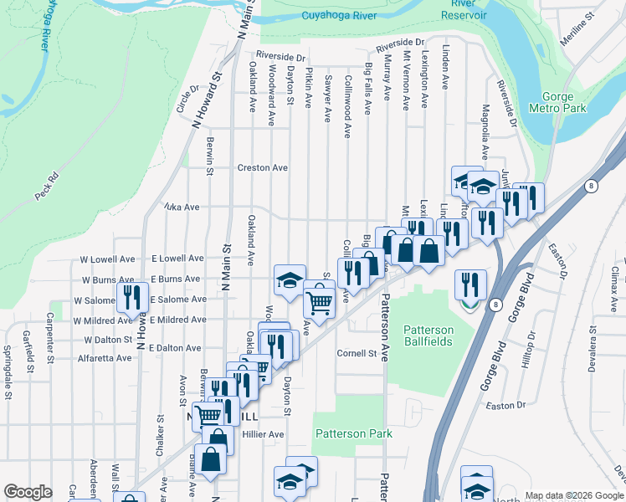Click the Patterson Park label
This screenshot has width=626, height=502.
click(354, 433)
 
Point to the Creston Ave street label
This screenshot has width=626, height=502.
click(262, 167)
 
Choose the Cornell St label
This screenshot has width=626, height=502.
click(357, 353)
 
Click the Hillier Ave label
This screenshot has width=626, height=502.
click(264, 434)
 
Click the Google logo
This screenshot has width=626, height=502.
click(28, 492)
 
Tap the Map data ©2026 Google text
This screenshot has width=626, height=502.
click(574, 495)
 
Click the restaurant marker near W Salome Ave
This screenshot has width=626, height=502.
click(131, 297)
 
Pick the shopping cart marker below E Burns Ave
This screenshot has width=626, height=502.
click(319, 299)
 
